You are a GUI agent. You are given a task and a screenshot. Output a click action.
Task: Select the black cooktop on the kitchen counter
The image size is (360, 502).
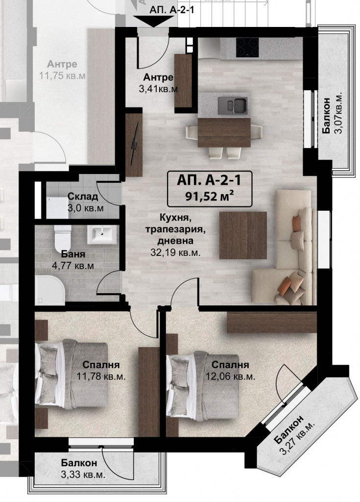pyautogui.click(x=247, y=48)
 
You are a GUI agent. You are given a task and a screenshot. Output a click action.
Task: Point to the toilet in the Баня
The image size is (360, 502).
pyautogui.click(x=62, y=239)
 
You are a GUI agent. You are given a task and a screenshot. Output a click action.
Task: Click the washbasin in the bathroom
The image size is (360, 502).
pyautogui.click(x=102, y=234)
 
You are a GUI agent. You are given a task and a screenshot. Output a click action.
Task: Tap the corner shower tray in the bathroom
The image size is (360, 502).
pyautogui.click(x=50, y=290)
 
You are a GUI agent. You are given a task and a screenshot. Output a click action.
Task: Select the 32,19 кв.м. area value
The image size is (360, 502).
pyautogui.click(x=175, y=252)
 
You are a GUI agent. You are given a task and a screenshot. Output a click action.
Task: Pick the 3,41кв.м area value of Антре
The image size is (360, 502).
pyautogui.click(x=158, y=89)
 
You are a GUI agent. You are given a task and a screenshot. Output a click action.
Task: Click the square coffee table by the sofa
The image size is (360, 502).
pyautogui.click(x=243, y=235)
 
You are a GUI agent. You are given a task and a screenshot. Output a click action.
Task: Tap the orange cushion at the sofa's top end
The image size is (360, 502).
pyautogui.click(x=297, y=223)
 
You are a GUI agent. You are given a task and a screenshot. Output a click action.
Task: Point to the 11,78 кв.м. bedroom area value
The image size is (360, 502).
pyautogui.click(x=101, y=376)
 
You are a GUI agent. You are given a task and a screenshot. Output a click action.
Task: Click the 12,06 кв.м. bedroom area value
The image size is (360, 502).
pyautogui.click(x=230, y=376)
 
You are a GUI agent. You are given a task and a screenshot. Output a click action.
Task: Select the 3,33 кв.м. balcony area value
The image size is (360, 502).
pyautogui.click(x=83, y=475)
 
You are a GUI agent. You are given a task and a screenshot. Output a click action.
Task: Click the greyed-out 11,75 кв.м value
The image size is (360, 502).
pyautogui.click(x=62, y=76)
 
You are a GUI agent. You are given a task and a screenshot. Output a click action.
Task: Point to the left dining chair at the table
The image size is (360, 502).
pyautogui.click(x=192, y=132)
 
